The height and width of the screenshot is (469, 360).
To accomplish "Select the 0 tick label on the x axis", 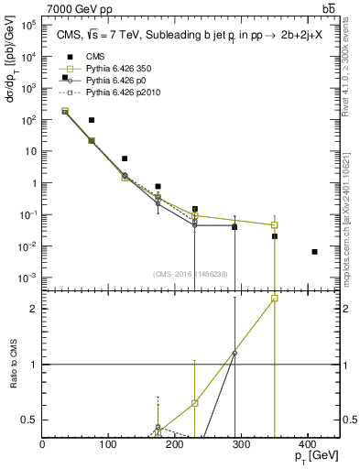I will click(x=43, y=444).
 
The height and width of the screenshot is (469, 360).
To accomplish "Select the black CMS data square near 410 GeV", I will click(x=314, y=251).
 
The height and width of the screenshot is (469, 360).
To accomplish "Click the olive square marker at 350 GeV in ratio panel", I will click(x=275, y=299).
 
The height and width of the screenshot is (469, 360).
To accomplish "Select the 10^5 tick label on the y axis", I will click(x=29, y=25).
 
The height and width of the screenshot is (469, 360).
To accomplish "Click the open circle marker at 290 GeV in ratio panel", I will click(x=235, y=353).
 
